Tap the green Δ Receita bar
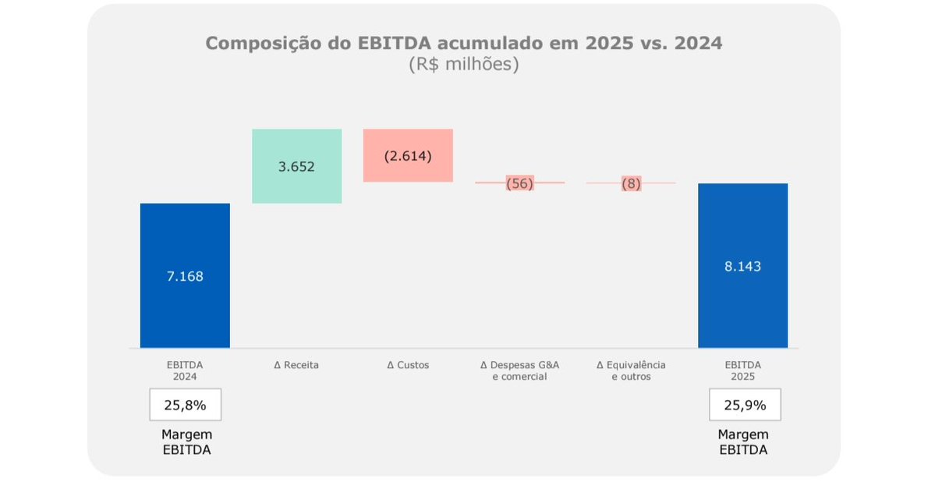[297, 187]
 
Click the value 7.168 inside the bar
[185, 276]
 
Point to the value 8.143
[742, 266]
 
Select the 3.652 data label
[297, 166]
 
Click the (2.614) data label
[408, 155]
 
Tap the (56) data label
[519, 183]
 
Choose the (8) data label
[631, 183]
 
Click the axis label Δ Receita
[296, 365]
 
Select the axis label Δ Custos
[408, 365]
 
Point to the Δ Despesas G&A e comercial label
[519, 371]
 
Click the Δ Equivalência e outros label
[631, 371]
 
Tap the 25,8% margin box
[185, 405]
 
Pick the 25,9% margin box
[744, 405]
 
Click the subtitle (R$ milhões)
[463, 65]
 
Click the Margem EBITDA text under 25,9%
[743, 442]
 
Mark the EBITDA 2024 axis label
[185, 371]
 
